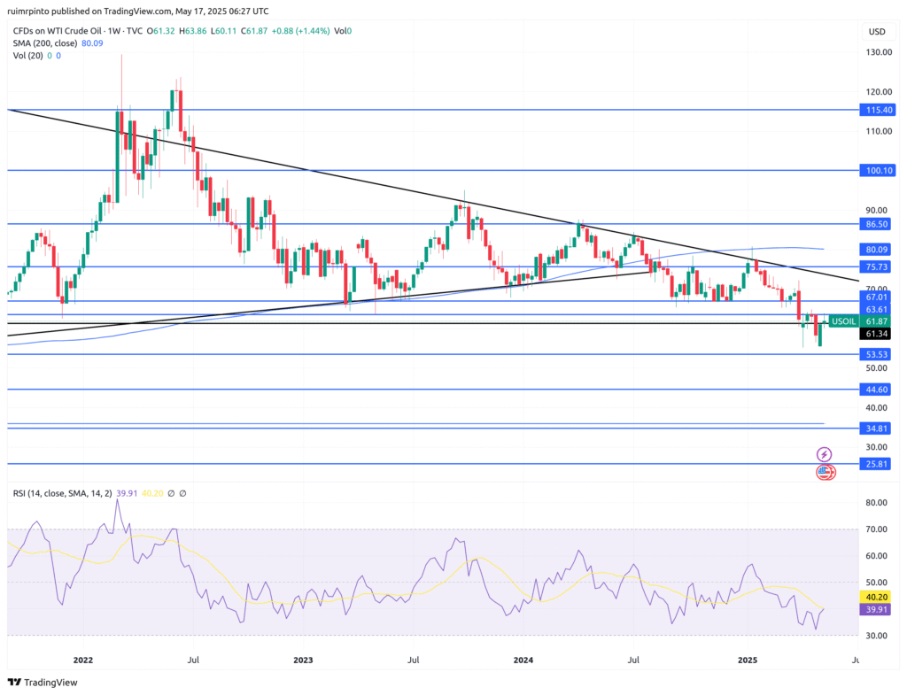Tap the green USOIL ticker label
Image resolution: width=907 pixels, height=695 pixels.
[842, 321]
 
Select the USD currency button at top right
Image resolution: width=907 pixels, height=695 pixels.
[877, 32]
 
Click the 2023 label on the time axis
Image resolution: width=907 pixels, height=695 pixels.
[303, 660]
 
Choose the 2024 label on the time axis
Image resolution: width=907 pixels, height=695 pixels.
[523, 660]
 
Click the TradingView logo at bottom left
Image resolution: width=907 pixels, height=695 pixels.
[43, 682]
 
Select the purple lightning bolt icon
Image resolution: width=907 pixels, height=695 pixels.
[825, 454]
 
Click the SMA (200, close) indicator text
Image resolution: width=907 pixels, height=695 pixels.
[45, 42]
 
